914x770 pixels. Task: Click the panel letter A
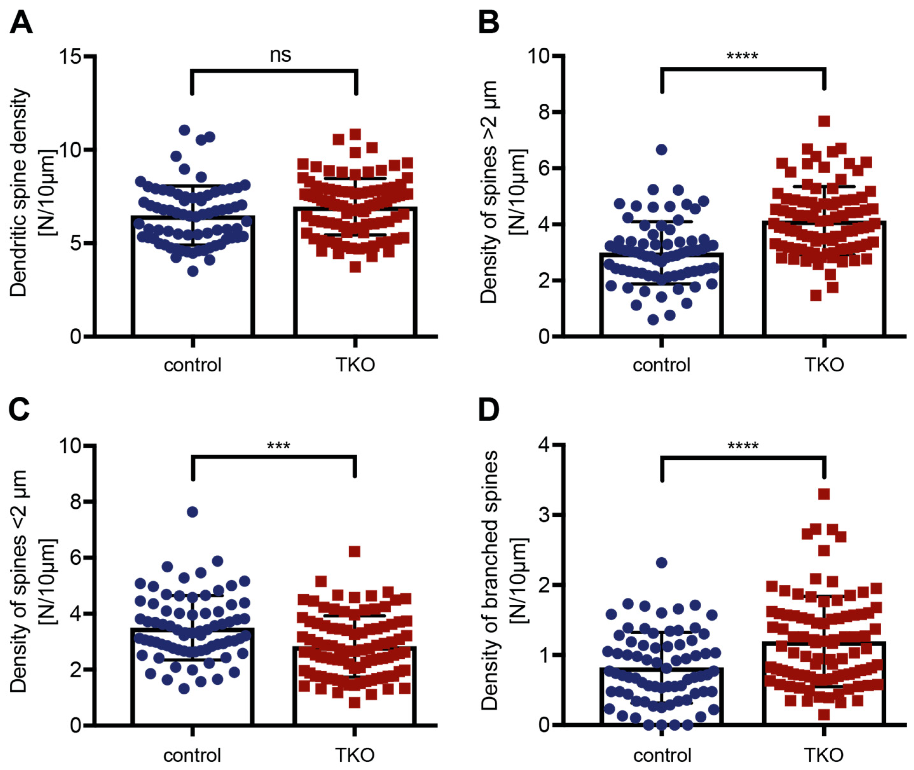(21, 23)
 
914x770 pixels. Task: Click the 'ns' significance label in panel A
(280, 55)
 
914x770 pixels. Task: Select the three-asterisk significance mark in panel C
(278, 446)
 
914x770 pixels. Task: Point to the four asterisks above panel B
(742, 56)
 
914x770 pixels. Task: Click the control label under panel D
(662, 755)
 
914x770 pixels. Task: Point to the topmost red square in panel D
(824, 494)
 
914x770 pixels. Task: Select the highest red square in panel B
(824, 121)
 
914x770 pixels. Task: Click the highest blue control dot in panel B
(662, 150)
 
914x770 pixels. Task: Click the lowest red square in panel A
(355, 267)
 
